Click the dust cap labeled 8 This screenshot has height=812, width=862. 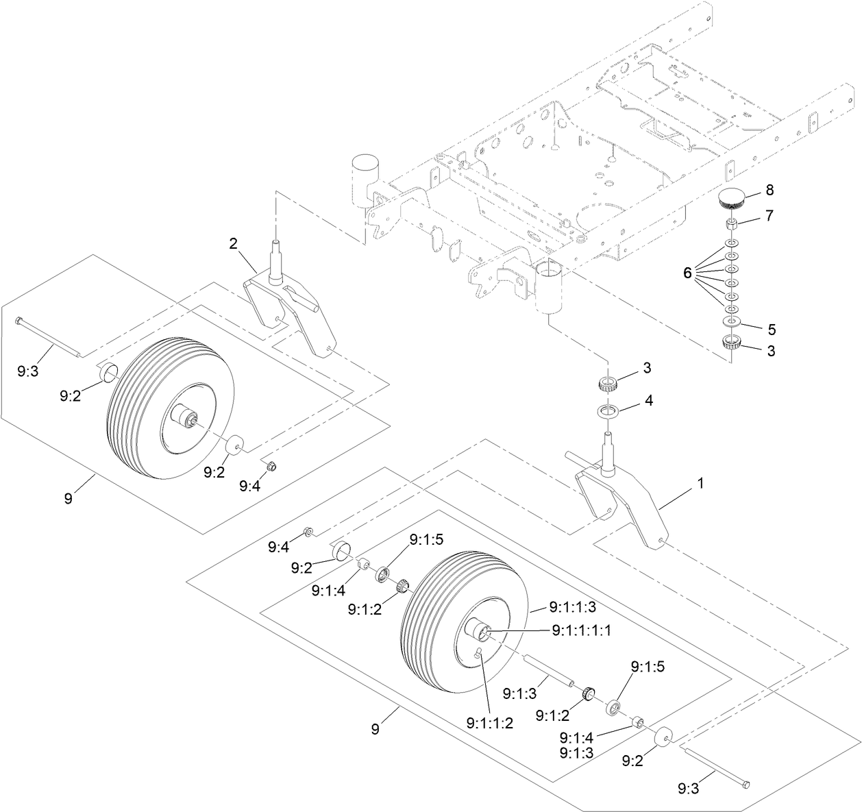click(732, 202)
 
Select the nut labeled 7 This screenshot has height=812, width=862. click(732, 224)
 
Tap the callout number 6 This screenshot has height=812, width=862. click(687, 272)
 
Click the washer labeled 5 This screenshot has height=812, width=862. click(732, 321)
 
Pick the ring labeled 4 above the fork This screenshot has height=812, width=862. click(608, 412)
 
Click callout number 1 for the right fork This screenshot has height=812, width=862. click(700, 483)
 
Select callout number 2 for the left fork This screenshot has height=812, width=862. click(233, 243)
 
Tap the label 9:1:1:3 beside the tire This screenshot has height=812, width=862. click(573, 607)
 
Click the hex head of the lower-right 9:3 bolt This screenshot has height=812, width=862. click(747, 785)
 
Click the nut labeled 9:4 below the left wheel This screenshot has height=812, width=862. click(271, 467)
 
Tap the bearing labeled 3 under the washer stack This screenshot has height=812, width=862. click(732, 343)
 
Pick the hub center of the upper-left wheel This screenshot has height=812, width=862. click(186, 418)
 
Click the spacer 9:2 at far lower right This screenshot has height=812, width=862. click(663, 739)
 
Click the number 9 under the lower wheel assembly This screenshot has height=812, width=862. click(375, 730)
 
